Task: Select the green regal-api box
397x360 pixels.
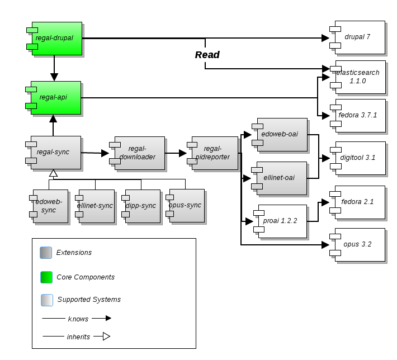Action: pyautogui.click(x=56, y=98)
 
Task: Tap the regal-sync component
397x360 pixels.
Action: pyautogui.click(x=56, y=152)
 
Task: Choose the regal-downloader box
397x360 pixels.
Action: pyautogui.click(x=140, y=153)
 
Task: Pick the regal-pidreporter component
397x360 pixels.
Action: pyautogui.click(x=215, y=153)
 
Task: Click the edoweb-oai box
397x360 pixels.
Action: pyautogui.click(x=282, y=135)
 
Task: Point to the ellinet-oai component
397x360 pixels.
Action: pyautogui.click(x=282, y=178)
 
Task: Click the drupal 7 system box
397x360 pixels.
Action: pyautogui.click(x=360, y=37)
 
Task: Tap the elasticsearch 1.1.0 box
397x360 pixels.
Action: pyautogui.click(x=361, y=77)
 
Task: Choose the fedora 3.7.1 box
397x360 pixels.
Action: pyautogui.click(x=361, y=116)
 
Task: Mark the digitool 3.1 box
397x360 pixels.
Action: pyautogui.click(x=361, y=158)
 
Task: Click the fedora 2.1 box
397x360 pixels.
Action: pyautogui.click(x=360, y=202)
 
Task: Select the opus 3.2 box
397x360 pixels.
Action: pyautogui.click(x=360, y=245)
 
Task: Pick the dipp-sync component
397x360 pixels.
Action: pyautogui.click(x=141, y=206)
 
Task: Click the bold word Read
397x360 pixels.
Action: pyautogui.click(x=207, y=55)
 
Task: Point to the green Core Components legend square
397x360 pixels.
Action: pyautogui.click(x=46, y=277)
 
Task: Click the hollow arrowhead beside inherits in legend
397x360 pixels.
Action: pyautogui.click(x=106, y=337)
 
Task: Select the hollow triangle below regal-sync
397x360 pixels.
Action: pyautogui.click(x=53, y=173)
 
